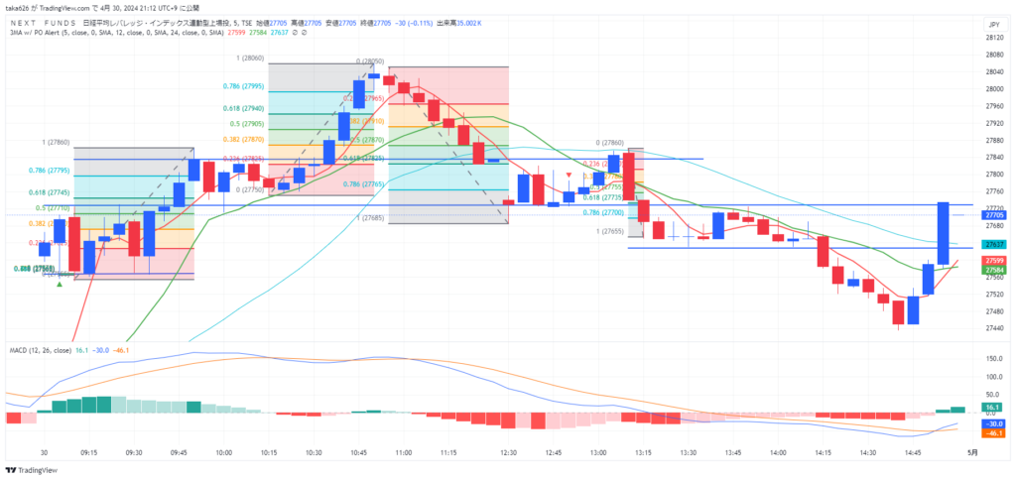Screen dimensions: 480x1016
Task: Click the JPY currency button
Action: (x=991, y=23)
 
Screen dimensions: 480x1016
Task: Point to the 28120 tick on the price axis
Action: (x=991, y=38)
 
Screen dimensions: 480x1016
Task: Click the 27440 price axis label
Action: (x=991, y=310)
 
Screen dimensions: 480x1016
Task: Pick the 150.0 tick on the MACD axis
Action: (x=992, y=357)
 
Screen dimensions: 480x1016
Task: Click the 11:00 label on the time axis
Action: (x=404, y=451)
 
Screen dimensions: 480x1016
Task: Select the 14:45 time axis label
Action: (x=913, y=451)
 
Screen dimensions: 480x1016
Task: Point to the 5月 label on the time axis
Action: (x=972, y=451)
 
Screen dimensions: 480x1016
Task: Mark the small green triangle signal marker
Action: (x=60, y=285)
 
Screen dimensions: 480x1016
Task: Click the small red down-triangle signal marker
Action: (x=568, y=176)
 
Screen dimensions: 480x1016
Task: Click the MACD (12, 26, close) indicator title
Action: (x=40, y=350)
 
